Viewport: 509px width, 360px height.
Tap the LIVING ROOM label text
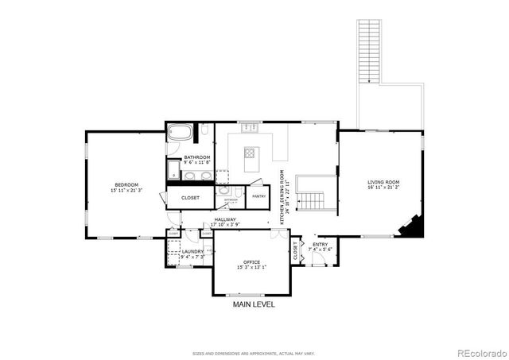pyautogui.click(x=383, y=182)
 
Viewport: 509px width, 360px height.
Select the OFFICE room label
pyautogui.click(x=252, y=261)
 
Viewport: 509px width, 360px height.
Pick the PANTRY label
pyautogui.click(x=258, y=195)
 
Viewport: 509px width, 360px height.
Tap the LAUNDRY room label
pyautogui.click(x=192, y=251)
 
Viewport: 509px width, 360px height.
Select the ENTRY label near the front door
pyautogui.click(x=321, y=244)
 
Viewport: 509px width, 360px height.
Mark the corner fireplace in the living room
pyautogui.click(x=412, y=228)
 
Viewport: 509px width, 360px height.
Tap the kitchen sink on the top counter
pyautogui.click(x=252, y=126)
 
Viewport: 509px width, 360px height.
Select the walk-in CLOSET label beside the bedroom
pyautogui.click(x=190, y=197)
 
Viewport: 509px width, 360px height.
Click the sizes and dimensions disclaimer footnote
pyautogui.click(x=254, y=353)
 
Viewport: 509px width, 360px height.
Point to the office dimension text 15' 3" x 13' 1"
pyautogui.click(x=252, y=267)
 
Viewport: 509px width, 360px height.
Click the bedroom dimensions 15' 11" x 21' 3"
pyautogui.click(x=126, y=190)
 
